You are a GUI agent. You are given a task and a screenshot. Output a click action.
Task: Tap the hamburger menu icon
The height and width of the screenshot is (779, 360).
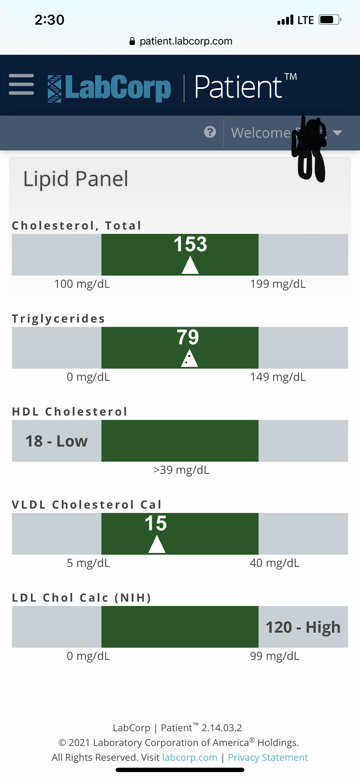(x=21, y=84)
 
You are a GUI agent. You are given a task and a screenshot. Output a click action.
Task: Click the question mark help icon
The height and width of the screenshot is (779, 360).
(x=210, y=132)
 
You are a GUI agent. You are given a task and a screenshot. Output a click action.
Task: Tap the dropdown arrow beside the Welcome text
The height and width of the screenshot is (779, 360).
(x=337, y=132)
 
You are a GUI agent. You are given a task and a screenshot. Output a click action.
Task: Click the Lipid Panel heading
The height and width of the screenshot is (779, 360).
(x=76, y=179)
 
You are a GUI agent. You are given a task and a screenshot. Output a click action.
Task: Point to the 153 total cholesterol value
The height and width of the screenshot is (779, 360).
(x=190, y=244)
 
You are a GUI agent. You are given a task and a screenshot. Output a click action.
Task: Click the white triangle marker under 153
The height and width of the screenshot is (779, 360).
(x=190, y=266)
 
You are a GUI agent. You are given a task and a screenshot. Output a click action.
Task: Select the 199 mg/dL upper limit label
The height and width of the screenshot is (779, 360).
(x=278, y=284)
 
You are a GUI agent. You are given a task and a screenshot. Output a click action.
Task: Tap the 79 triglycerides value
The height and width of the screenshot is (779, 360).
(x=188, y=337)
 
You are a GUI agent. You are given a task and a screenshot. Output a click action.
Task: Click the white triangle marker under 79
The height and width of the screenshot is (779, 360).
(x=189, y=359)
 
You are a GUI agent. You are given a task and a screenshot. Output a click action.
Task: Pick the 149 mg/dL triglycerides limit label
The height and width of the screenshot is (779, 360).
(x=278, y=377)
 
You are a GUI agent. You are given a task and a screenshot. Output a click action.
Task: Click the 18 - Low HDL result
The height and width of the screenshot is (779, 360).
(x=57, y=441)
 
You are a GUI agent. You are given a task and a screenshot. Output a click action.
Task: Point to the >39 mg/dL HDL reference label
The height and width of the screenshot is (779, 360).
(x=181, y=470)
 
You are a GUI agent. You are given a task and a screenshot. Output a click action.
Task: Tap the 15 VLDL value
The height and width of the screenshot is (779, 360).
(x=155, y=523)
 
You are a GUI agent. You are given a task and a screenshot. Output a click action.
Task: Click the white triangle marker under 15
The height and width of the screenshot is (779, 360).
(x=157, y=545)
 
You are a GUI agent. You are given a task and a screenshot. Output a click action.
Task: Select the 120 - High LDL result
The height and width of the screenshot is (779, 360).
(x=303, y=627)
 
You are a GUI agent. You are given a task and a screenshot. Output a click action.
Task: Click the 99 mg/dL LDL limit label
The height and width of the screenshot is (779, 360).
(x=274, y=656)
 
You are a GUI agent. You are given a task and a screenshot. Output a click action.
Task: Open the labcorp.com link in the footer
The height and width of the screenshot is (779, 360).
(x=190, y=757)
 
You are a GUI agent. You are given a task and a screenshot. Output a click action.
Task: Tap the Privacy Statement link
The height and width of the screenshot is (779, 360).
(x=268, y=757)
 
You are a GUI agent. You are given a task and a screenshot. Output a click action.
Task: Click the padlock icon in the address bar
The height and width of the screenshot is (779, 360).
(x=132, y=41)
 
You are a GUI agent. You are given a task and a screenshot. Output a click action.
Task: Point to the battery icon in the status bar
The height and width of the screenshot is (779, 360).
(x=329, y=20)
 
